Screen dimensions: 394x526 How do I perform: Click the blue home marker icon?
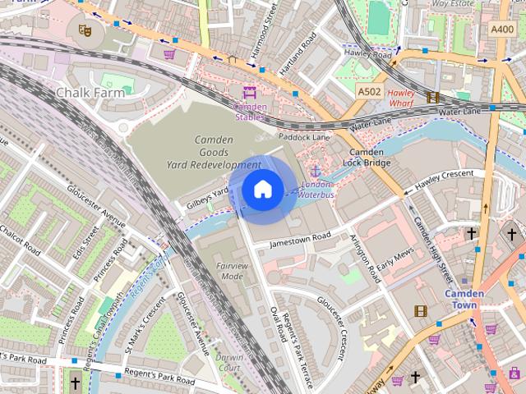[261, 190]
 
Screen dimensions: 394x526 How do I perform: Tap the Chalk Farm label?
[90, 93]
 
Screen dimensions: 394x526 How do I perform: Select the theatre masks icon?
[83, 30]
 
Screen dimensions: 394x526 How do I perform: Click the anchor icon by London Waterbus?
[316, 171]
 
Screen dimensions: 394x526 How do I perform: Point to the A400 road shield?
[502, 30]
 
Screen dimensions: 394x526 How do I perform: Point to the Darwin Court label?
[229, 363]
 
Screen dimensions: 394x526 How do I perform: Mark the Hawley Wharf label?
[401, 98]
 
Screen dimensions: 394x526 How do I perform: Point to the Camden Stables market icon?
[250, 93]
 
